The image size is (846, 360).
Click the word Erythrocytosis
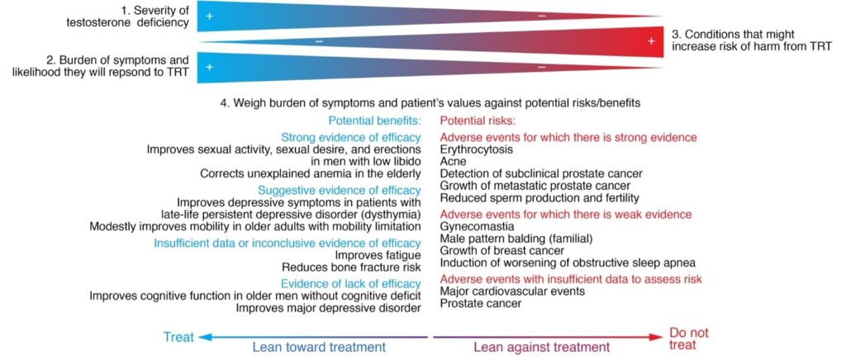[x=477, y=149]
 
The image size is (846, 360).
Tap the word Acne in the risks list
[x=453, y=161]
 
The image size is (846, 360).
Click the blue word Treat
[x=178, y=338]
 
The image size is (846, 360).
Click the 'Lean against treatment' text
[x=542, y=347]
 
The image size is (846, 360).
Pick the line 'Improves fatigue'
[x=378, y=254]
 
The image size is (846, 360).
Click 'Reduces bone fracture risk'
[x=351, y=267]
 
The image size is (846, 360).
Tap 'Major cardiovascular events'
[x=512, y=291]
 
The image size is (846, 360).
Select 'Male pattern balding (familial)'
[x=516, y=239]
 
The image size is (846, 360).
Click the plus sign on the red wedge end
[x=651, y=41]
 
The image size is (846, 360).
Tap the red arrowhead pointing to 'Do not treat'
[x=657, y=338]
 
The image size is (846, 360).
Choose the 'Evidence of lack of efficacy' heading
[x=350, y=283]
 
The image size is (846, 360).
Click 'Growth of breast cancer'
[x=502, y=251]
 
